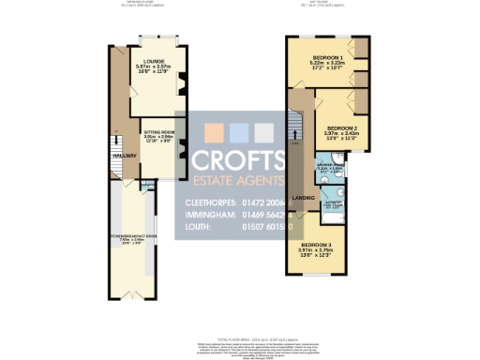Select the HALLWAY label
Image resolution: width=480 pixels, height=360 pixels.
tap(124, 156)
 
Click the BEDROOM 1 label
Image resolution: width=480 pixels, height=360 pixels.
tap(328, 57)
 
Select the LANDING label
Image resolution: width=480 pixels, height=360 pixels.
tap(302, 196)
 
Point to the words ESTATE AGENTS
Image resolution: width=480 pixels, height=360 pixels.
tap(238, 181)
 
